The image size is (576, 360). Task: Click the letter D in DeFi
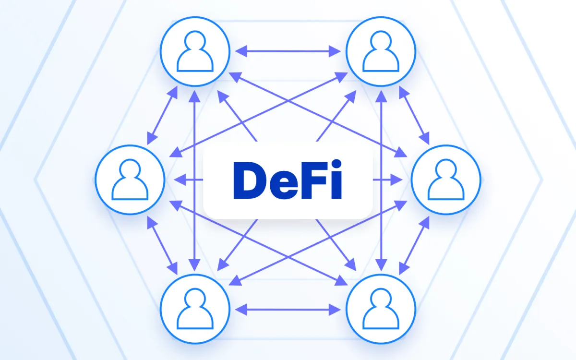248,180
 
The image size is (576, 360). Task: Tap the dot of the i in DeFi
336,164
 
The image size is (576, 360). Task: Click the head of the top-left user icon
195,41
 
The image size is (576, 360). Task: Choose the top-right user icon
381,51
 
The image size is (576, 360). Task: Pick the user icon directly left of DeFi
130,180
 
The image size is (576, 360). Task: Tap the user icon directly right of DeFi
446,180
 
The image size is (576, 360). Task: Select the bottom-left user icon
195,309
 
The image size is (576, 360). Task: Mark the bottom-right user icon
381,309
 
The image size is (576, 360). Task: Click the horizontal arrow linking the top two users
288,51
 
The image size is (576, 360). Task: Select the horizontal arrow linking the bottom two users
288,310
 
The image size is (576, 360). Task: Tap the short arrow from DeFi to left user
188,180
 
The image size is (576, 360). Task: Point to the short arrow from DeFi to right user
388,180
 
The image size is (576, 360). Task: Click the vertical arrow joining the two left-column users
195,180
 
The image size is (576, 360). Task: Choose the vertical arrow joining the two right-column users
381,180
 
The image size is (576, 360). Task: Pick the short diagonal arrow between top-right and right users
414,115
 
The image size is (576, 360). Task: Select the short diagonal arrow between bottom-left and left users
162,245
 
